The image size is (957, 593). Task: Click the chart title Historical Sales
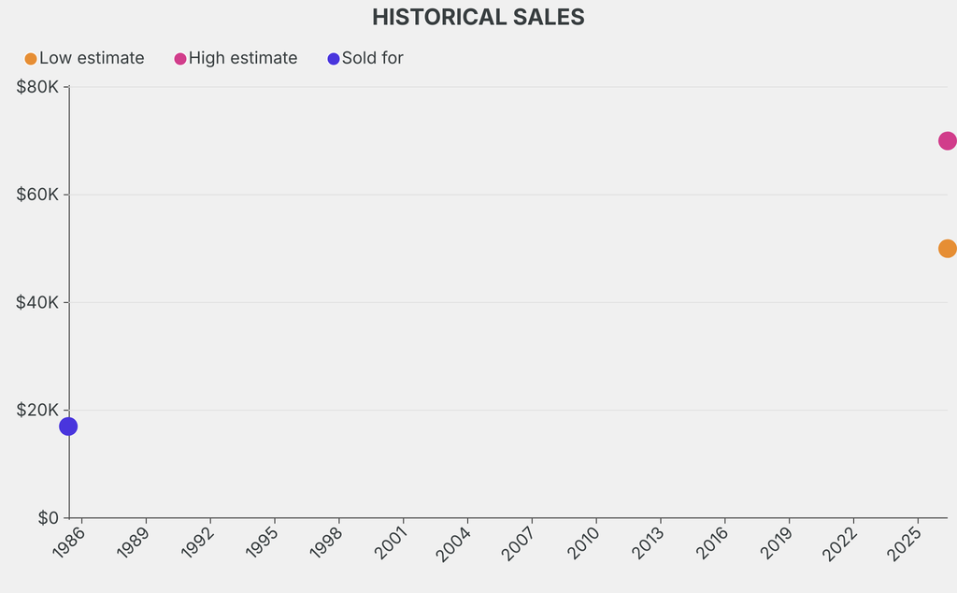[478, 17]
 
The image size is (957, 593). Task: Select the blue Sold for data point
[68, 427]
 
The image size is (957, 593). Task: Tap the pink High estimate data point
[947, 141]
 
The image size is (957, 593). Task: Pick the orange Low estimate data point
[947, 249]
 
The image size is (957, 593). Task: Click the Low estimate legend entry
[85, 58]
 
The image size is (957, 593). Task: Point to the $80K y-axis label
[37, 87]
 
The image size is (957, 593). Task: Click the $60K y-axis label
[37, 195]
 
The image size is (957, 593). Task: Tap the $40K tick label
[37, 302]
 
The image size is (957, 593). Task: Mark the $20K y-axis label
[37, 410]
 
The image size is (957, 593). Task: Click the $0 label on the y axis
[49, 517]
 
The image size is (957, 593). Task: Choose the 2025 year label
[907, 542]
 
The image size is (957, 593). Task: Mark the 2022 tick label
[842, 542]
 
